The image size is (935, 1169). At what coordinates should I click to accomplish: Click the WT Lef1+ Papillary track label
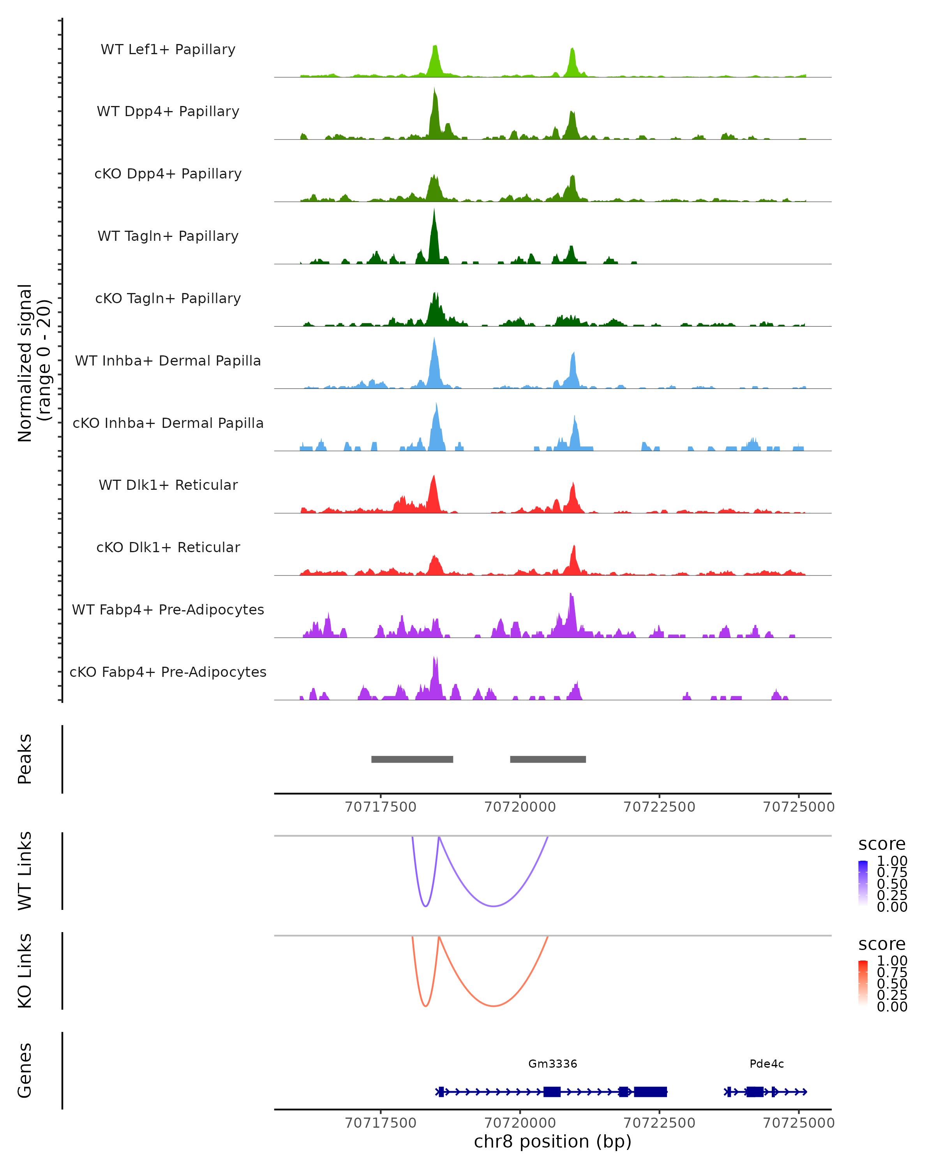[x=168, y=49]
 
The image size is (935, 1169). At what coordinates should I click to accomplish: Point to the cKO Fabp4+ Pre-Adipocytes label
[x=168, y=672]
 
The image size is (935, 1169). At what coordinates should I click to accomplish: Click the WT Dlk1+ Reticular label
[x=168, y=485]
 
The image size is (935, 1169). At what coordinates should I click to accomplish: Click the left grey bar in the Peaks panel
[x=412, y=759]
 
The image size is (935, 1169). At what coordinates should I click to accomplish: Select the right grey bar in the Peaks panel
[x=548, y=759]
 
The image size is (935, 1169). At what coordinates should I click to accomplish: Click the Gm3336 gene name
[x=552, y=1064]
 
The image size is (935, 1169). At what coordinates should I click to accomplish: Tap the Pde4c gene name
[x=766, y=1064]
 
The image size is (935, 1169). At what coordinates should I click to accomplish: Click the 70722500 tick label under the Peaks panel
[x=659, y=807]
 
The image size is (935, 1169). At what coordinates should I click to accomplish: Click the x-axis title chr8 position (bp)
[x=552, y=1142]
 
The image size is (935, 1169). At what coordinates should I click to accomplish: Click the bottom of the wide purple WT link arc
[x=493, y=906]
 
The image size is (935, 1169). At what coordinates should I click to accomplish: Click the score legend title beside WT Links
[x=881, y=844]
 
